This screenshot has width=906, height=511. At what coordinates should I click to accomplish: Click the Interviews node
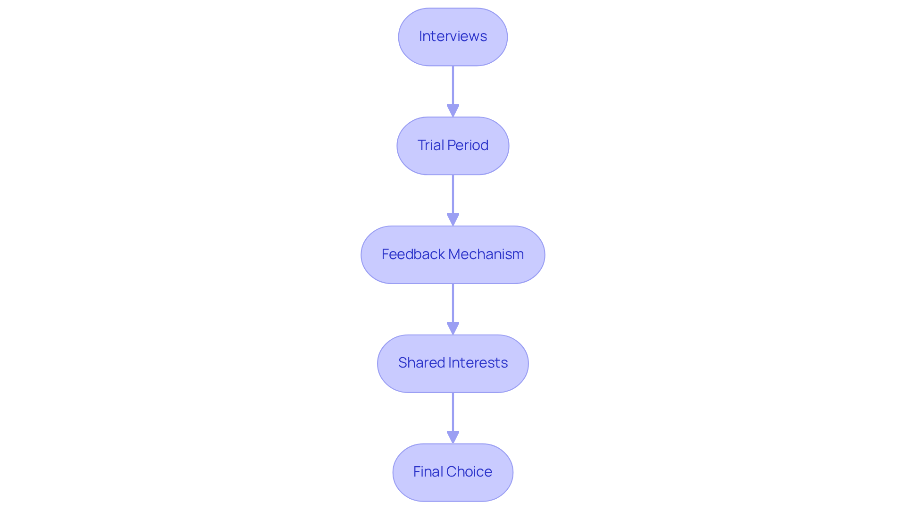[x=453, y=37]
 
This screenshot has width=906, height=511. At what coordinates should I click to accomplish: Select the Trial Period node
[x=453, y=146]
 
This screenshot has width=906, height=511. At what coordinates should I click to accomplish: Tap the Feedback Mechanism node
[x=453, y=255]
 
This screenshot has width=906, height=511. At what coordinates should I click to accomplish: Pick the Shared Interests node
[x=453, y=364]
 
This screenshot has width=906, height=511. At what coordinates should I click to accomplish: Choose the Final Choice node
[x=453, y=472]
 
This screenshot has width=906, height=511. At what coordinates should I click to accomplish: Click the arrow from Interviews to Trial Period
[x=453, y=87]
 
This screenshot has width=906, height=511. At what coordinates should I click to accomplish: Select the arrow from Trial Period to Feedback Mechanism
[x=453, y=196]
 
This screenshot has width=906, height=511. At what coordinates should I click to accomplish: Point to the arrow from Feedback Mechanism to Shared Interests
[x=453, y=305]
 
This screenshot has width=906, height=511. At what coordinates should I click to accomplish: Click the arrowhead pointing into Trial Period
[x=453, y=111]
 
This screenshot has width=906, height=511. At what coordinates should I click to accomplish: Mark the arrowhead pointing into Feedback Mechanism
[x=453, y=220]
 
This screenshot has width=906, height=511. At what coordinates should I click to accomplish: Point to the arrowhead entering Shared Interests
[x=453, y=329]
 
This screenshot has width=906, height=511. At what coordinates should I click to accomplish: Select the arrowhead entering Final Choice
[x=453, y=437]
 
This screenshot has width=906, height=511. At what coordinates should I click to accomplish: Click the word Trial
[x=430, y=145]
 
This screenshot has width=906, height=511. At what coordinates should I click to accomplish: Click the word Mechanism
[x=486, y=254]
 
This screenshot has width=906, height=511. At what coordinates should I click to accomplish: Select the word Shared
[x=421, y=363]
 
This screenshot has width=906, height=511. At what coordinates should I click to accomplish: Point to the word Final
[x=428, y=472]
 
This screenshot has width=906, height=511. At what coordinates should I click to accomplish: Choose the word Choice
[x=469, y=472]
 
